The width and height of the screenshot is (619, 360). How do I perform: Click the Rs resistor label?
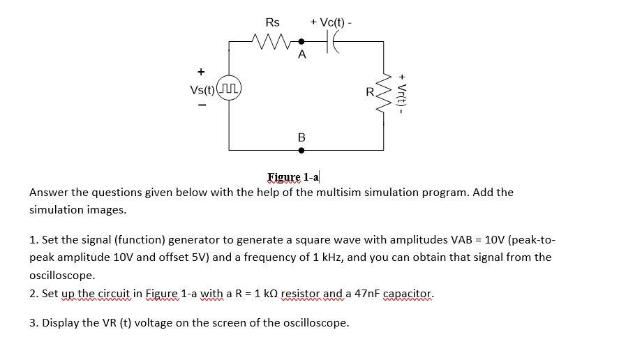click(x=273, y=22)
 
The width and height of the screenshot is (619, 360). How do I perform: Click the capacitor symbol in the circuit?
click(x=333, y=42)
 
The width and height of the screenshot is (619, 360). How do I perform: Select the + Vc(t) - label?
click(x=331, y=22)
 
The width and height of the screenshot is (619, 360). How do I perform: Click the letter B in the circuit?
click(x=301, y=137)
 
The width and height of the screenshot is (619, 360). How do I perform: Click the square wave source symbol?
click(x=230, y=90)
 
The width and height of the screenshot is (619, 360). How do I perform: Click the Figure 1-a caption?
click(x=294, y=177)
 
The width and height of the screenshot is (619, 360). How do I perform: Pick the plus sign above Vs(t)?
click(x=201, y=71)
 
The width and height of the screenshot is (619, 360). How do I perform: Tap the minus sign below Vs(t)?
click(x=201, y=107)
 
